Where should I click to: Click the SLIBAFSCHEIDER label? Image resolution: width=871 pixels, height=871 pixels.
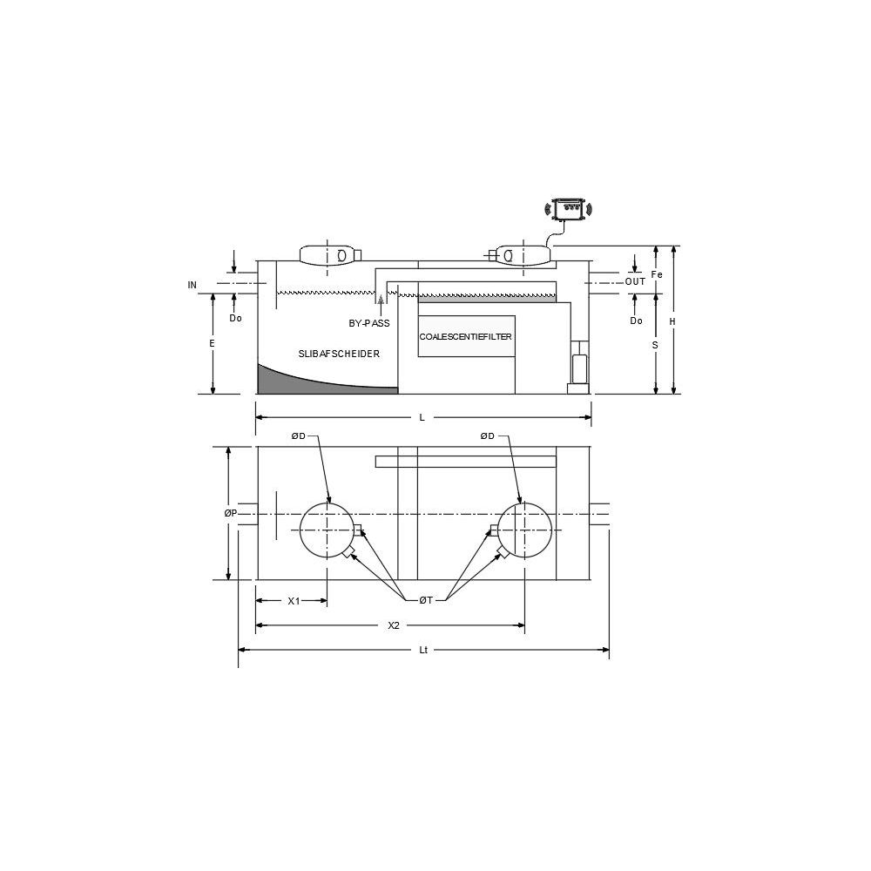tap(339, 354)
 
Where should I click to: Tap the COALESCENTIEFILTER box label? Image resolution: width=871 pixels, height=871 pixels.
tap(465, 336)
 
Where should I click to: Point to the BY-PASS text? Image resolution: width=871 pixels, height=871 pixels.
tap(369, 323)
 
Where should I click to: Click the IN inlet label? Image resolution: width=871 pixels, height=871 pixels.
tap(192, 286)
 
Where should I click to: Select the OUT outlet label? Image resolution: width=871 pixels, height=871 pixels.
tap(636, 281)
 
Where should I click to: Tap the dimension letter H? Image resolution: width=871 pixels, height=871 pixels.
tap(672, 321)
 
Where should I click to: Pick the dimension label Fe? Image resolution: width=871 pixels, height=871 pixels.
tap(657, 274)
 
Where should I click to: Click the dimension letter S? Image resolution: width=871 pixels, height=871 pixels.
tap(656, 346)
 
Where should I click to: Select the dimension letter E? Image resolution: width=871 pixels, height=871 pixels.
tap(212, 344)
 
